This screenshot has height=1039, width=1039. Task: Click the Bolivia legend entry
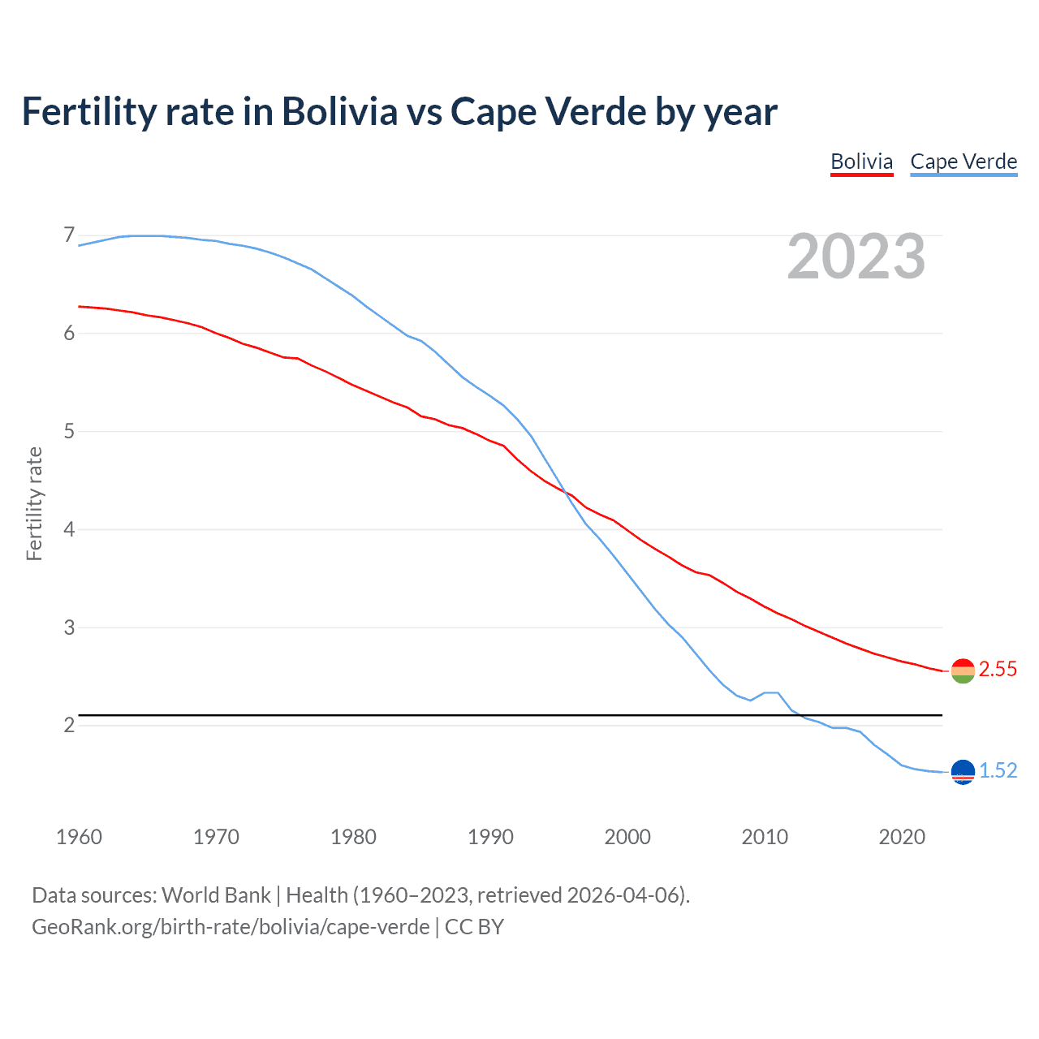tap(861, 162)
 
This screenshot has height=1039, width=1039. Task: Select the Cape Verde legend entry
tap(964, 162)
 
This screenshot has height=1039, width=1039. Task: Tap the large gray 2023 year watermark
tap(856, 257)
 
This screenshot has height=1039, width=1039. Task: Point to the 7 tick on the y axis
tap(69, 235)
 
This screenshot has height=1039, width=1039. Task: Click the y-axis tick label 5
tap(69, 431)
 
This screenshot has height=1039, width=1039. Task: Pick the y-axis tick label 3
tap(69, 627)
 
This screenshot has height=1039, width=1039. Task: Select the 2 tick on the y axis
tap(69, 725)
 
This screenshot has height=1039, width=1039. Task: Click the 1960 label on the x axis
tap(79, 837)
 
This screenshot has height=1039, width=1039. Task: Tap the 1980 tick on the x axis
tap(353, 837)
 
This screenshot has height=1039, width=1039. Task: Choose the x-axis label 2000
tap(627, 837)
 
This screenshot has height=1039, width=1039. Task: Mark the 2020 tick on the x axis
tap(902, 837)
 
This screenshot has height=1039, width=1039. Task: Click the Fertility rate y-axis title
tap(34, 503)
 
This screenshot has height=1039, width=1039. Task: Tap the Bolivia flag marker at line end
tap(963, 670)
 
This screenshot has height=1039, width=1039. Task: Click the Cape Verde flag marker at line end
tap(963, 772)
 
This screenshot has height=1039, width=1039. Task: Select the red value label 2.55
tap(998, 670)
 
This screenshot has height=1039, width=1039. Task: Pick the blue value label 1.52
tap(998, 771)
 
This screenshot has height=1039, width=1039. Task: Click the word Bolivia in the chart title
tap(339, 111)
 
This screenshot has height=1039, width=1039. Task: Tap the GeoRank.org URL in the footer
tap(231, 927)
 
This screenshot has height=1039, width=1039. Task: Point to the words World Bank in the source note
tap(216, 895)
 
